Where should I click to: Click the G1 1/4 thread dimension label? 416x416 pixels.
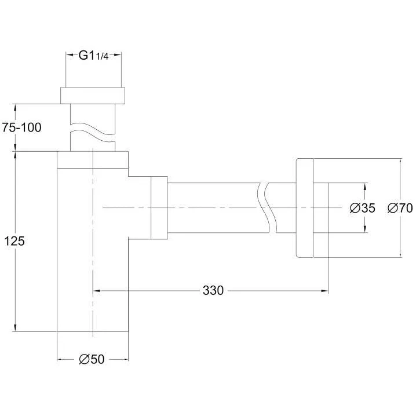[94, 56]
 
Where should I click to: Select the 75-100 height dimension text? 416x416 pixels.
[22, 127]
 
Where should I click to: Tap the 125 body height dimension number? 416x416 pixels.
[14, 242]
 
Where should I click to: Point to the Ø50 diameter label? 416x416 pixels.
[92, 359]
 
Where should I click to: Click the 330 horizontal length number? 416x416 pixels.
[213, 290]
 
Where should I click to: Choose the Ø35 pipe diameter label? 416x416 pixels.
[363, 208]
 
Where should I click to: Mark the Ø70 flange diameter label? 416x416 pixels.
[400, 208]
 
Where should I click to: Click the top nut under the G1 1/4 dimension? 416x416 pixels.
[93, 95]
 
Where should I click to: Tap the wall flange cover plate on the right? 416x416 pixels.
[305, 208]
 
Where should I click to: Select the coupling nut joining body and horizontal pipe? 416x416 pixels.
[159, 208]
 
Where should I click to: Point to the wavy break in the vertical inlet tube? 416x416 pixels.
[93, 132]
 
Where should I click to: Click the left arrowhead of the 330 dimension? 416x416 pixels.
[97, 291]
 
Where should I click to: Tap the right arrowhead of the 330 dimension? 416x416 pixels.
[324, 291]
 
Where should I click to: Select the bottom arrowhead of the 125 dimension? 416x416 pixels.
[16, 328]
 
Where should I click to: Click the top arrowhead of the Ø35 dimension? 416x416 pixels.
[365, 187]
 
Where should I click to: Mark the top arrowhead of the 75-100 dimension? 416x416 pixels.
[16, 107]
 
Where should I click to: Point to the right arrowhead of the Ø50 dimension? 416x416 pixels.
[125, 359]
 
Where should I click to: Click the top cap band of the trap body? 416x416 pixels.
[93, 160]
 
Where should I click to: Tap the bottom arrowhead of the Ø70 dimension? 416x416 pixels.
[400, 254]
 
